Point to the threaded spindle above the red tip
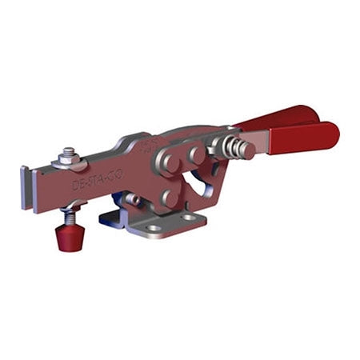[x=70, y=214]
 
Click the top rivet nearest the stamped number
[x=172, y=157]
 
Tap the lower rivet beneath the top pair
[x=168, y=196]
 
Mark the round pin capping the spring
[x=247, y=150]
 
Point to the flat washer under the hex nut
[x=68, y=162]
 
